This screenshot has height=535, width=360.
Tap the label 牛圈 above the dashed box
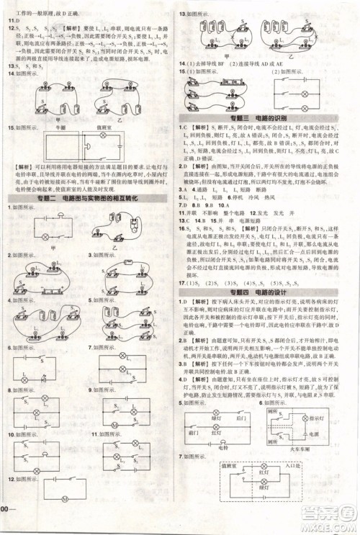[50, 125]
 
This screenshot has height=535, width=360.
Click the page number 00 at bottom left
[6, 529]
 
